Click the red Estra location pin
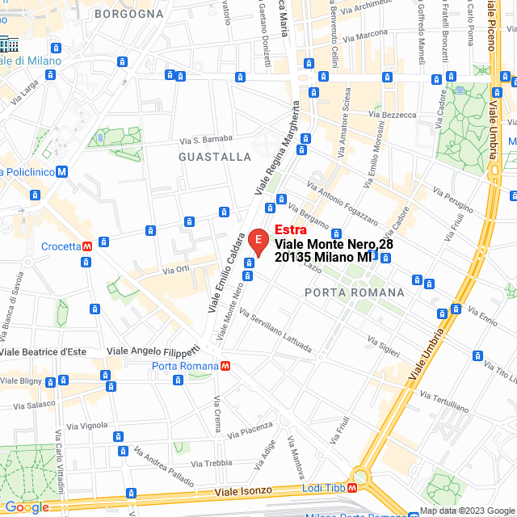tap(258, 242)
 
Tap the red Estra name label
tap(291, 230)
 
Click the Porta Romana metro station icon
tap(225, 366)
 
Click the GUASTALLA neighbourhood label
tap(215, 157)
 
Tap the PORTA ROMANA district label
tap(355, 292)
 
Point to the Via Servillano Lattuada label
tap(275, 331)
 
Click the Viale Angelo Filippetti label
tap(153, 351)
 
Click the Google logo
tap(27, 507)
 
